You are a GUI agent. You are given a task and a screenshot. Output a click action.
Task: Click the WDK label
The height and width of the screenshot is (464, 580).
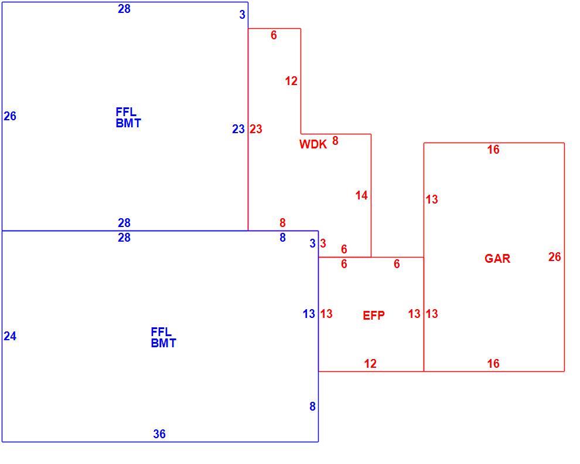coord(313,144)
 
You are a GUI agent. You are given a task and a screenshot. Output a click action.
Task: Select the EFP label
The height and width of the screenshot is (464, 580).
coord(374,316)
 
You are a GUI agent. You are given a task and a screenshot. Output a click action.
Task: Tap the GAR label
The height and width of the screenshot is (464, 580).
coord(497,259)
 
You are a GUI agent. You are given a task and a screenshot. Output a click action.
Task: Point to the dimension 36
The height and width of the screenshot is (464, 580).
coord(159,433)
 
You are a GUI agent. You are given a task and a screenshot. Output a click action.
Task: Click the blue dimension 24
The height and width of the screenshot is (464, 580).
coord(10,336)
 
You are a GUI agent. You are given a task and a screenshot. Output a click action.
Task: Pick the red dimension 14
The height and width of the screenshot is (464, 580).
coord(361,195)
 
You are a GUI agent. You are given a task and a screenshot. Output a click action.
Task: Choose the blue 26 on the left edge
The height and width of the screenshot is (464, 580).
coord(10,116)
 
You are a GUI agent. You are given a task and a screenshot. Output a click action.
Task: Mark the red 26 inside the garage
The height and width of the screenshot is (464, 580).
coord(554,256)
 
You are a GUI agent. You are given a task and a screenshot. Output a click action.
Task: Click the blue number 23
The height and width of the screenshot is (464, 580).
coord(238,129)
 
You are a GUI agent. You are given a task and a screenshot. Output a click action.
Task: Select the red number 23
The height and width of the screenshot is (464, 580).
coord(255,129)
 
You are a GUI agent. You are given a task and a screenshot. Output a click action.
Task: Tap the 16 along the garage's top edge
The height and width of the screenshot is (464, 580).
coord(493,150)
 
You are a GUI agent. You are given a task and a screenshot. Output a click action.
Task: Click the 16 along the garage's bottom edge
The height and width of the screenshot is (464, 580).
coord(493,364)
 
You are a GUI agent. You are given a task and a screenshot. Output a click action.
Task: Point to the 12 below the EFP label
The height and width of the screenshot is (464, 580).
coord(370,364)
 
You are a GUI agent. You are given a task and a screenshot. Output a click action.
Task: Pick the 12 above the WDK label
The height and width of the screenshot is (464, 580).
coord(291,81)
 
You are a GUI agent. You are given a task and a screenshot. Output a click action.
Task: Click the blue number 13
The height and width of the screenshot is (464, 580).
coord(309,314)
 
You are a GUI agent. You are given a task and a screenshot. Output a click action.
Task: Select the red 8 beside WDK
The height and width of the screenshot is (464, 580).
coord(335,141)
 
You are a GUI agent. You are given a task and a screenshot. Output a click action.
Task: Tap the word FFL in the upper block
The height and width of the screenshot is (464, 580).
coord(126,112)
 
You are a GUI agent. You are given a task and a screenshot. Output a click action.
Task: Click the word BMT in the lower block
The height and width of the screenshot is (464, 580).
coord(163,343)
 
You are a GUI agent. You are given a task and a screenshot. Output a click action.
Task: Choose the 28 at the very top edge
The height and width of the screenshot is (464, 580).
coord(124,9)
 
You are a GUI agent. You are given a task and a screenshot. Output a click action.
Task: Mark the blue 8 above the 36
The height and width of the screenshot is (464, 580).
coord(313,407)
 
